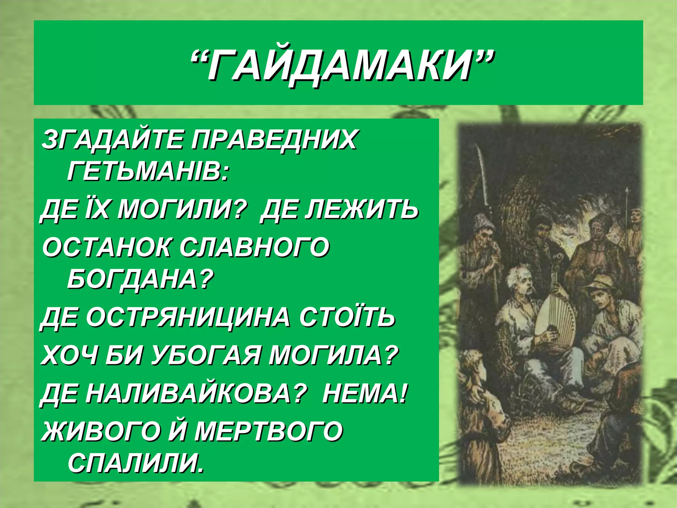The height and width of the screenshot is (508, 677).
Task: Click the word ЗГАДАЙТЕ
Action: coord(112,140)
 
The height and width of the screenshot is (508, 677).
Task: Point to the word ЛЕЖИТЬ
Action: coord(339,210)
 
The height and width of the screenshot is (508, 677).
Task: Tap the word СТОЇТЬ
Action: coord(347,317)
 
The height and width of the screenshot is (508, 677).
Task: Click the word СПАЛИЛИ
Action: coord(136,463)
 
